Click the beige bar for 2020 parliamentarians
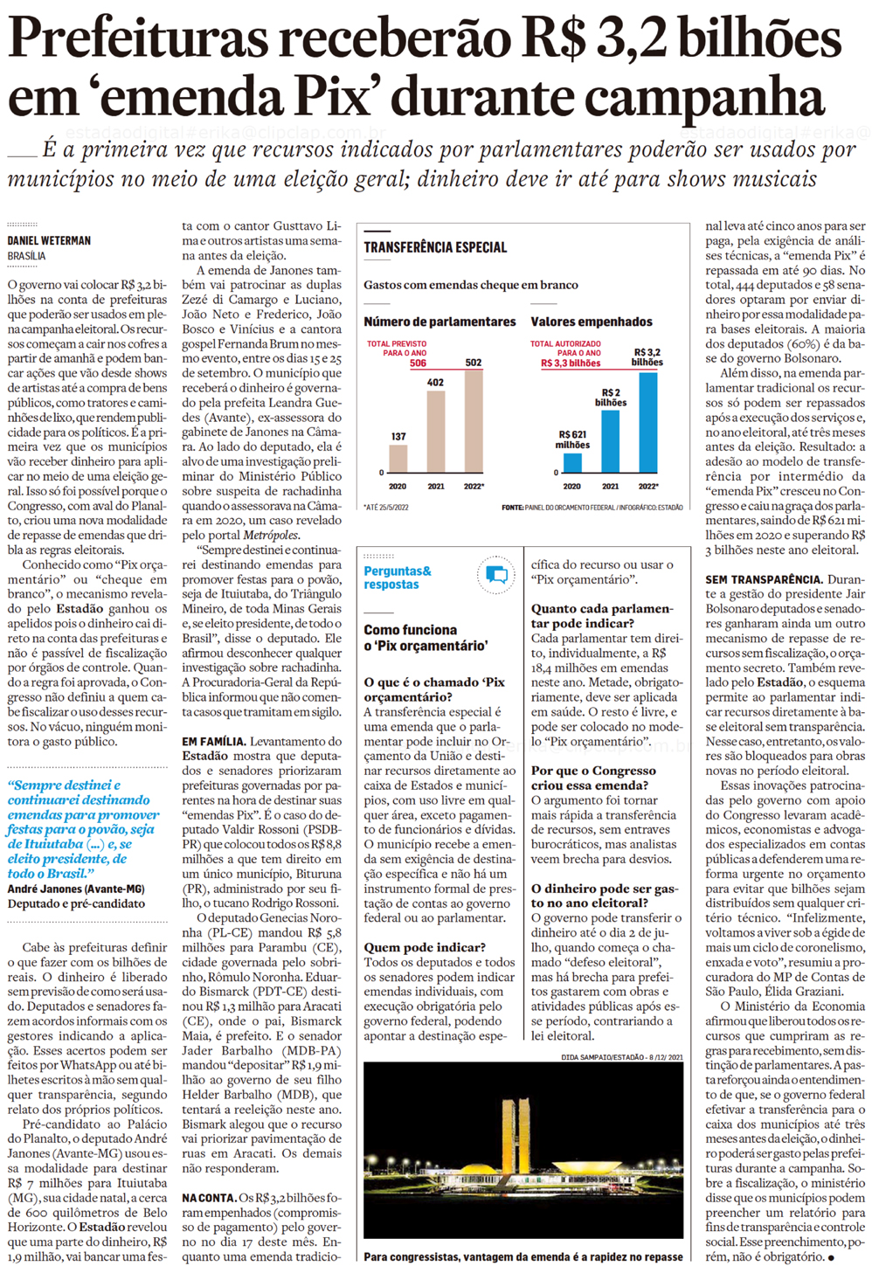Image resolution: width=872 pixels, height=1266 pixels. point(398,458)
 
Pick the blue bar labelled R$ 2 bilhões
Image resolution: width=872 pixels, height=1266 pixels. point(610,440)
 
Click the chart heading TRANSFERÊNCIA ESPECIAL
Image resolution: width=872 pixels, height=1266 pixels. point(435,247)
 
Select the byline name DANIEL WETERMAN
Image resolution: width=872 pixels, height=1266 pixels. point(49,240)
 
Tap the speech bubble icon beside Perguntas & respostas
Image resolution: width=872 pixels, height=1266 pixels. point(496,575)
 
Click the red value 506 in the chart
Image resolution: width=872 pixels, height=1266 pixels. point(418,363)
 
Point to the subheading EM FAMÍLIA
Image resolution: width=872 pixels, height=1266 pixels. point(213,742)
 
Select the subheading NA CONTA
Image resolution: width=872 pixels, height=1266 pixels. point(209,1198)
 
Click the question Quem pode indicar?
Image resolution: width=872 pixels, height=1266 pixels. point(425,947)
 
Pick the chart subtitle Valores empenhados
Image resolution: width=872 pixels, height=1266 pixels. point(592,322)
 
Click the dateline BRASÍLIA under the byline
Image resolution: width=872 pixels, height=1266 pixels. point(27,256)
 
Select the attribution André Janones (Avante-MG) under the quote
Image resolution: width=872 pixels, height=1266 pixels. point(76,889)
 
